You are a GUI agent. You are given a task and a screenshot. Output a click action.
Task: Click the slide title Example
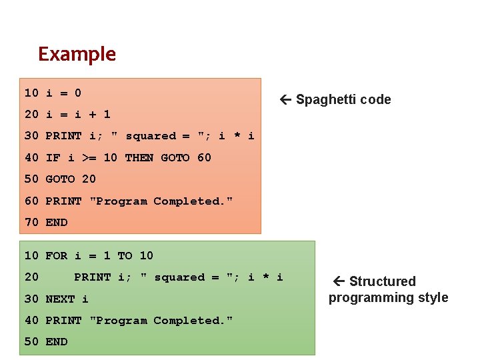[x=77, y=54]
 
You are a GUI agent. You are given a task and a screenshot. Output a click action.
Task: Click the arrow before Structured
[x=338, y=281]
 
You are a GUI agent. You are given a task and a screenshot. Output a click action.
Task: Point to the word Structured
[x=382, y=281]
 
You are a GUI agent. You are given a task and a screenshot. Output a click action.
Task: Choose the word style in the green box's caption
[x=433, y=297]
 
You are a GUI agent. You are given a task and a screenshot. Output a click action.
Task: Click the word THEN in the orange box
[x=139, y=157]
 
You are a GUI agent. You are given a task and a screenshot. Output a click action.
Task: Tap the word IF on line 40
[x=53, y=157]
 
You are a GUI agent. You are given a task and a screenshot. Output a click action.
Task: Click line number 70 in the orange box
[x=31, y=222]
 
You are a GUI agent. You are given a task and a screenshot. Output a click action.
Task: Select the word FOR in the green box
[x=56, y=255]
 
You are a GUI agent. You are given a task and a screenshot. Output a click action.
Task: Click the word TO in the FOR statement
[x=125, y=255]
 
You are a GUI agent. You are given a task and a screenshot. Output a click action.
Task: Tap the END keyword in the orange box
[x=56, y=222]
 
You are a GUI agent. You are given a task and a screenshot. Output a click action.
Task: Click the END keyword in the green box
[x=56, y=341]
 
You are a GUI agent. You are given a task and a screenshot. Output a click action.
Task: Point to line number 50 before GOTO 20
[x=31, y=179]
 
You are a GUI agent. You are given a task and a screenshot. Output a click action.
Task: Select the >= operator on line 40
[x=89, y=157]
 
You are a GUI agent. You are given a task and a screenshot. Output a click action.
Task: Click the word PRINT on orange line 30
[x=63, y=136]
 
